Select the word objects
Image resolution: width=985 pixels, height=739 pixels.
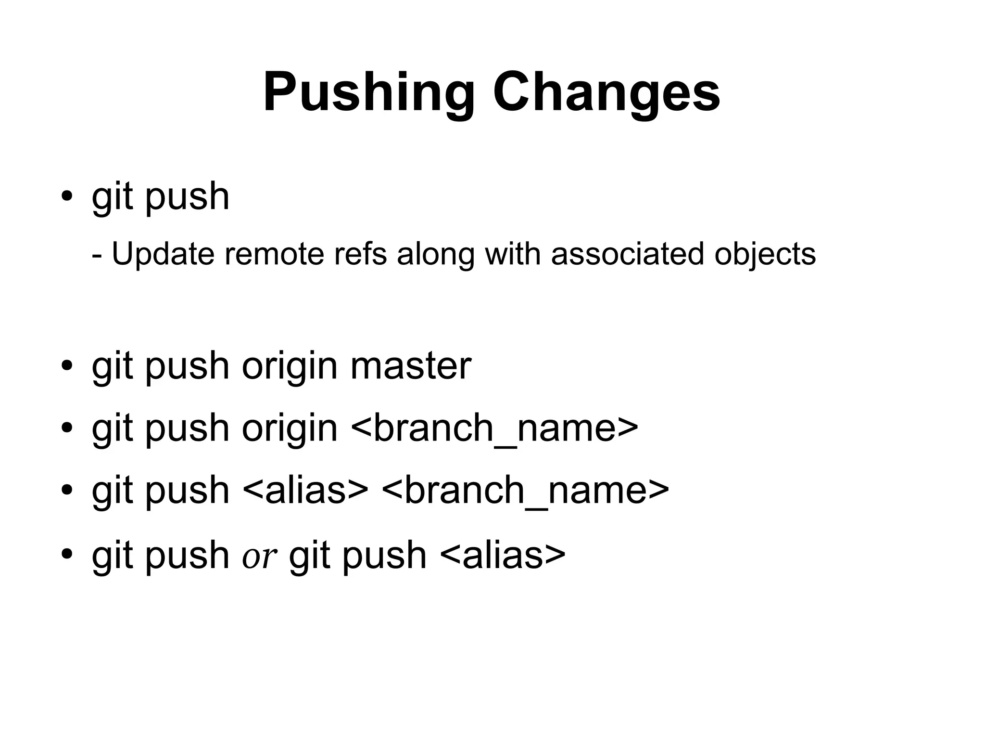pos(765,254)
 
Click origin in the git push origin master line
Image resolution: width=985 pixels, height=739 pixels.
pos(290,366)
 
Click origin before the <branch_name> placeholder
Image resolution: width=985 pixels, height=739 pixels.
pos(290,428)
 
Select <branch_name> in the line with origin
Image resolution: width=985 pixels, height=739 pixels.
pos(494,428)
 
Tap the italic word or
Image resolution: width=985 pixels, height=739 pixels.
pos(259,556)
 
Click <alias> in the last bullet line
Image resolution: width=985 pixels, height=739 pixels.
pos(503,555)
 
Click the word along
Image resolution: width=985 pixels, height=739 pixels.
pos(436,254)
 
